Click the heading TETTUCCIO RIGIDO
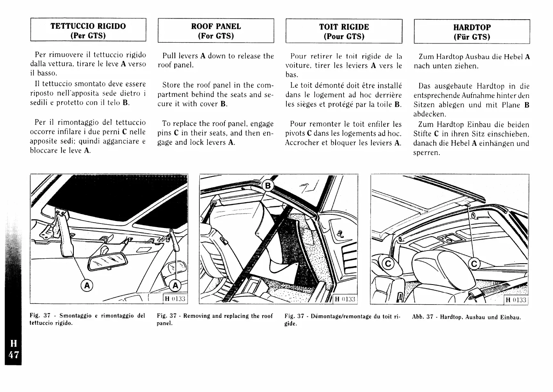click(x=88, y=26)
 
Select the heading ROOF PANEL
click(x=216, y=26)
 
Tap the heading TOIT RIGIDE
click(x=344, y=27)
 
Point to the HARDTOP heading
click(x=472, y=27)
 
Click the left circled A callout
click(x=87, y=285)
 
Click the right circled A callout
click(x=175, y=285)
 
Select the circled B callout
click(x=268, y=186)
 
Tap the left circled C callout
click(x=387, y=264)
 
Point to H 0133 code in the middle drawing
click(x=344, y=299)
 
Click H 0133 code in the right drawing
click(x=516, y=300)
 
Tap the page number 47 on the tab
click(x=14, y=354)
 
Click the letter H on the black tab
click(x=14, y=344)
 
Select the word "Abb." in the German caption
click(x=418, y=317)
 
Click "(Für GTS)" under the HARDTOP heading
click(x=472, y=37)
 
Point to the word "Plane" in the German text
click(x=511, y=105)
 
